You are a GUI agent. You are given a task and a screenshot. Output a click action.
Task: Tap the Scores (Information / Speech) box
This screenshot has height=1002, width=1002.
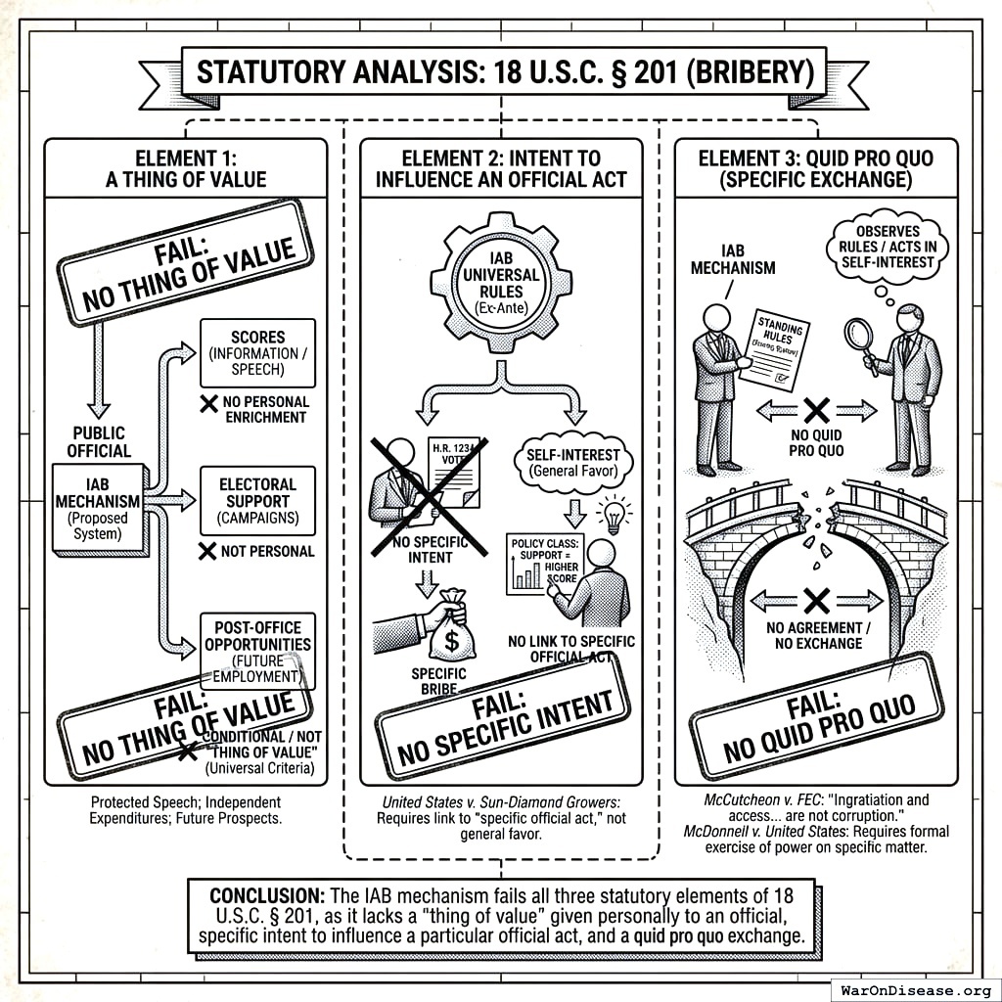pyautogui.click(x=257, y=351)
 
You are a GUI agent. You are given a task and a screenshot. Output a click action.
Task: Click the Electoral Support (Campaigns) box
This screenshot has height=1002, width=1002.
pyautogui.click(x=257, y=500)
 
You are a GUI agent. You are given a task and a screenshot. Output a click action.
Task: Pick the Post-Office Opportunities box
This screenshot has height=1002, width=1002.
pyautogui.click(x=257, y=650)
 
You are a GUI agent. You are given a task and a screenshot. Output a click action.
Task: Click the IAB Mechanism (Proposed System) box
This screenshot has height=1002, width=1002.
pyautogui.click(x=97, y=508)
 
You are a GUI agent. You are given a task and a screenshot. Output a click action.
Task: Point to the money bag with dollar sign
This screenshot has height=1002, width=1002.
pyautogui.click(x=453, y=627)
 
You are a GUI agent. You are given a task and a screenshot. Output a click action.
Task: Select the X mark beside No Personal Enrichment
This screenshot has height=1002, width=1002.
pyautogui.click(x=207, y=402)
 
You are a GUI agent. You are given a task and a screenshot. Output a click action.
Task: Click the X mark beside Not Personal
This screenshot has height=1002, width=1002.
pyautogui.click(x=207, y=552)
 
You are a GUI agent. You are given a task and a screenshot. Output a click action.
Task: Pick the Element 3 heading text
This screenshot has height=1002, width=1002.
pyautogui.click(x=815, y=168)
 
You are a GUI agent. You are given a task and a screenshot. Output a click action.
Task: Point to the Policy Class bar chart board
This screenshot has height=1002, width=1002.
pyautogui.click(x=542, y=564)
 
